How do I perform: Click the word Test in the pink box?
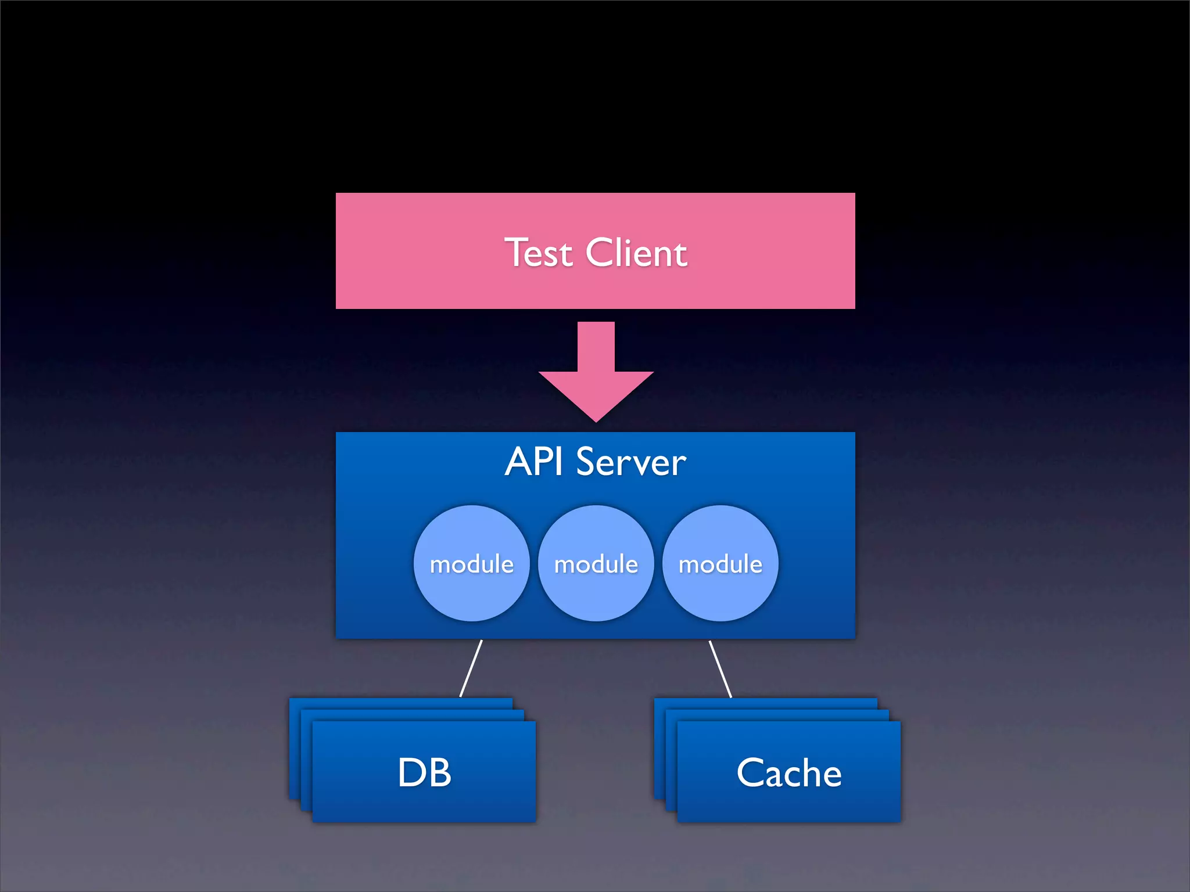coord(539,253)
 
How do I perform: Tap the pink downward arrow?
coord(596,372)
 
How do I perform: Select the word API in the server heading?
coord(533,462)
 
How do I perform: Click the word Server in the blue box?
coord(631,463)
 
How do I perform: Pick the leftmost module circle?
coord(472,563)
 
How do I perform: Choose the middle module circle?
coord(596,563)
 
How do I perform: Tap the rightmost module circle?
coord(721,563)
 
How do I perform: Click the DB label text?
coord(424,773)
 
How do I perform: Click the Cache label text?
coord(789,773)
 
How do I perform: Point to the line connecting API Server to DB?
coord(471,668)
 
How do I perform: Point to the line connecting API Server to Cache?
coord(721,668)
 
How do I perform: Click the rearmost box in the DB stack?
coord(401,703)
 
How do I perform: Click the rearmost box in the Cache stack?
coord(766,703)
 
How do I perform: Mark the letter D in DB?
coord(410,773)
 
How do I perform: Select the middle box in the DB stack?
coord(413,715)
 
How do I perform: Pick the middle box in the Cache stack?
coord(777,715)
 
